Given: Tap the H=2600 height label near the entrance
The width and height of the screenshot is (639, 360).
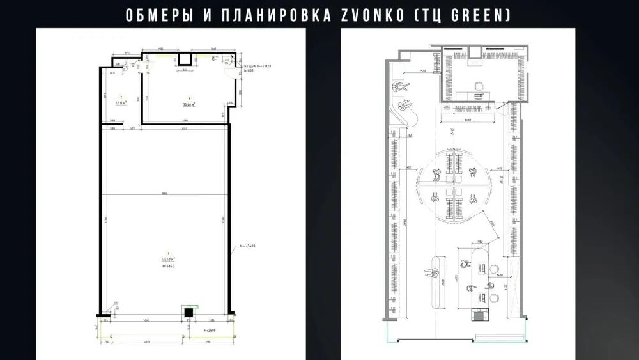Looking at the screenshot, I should point(203,330).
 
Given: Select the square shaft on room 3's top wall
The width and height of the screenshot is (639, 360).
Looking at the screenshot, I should point(185,59).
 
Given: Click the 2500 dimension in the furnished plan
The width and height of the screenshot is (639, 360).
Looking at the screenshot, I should point(422,71).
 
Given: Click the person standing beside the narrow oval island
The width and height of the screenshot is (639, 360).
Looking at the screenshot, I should point(427,271).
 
